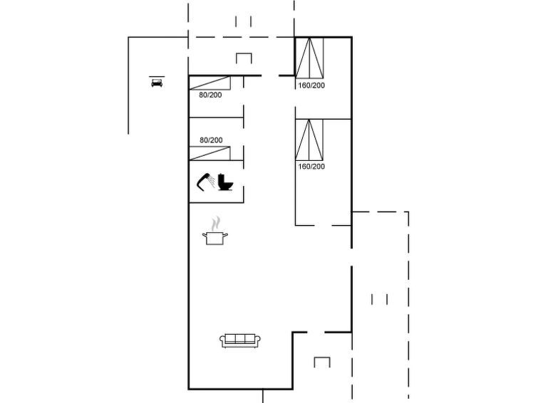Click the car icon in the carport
click(x=157, y=83)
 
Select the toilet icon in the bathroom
click(x=225, y=182)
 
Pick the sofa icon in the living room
click(x=240, y=340)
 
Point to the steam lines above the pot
click(x=215, y=224)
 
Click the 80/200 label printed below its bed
click(x=210, y=95)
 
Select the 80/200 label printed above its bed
click(x=211, y=140)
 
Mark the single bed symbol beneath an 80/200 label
click(x=209, y=153)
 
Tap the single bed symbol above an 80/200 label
click(x=209, y=83)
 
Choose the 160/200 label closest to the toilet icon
click(x=311, y=167)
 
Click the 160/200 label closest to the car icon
click(x=311, y=85)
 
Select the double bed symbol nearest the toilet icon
click(x=309, y=140)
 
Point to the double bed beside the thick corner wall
click(x=309, y=58)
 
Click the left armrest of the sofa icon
click(x=222, y=340)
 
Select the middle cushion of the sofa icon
click(x=240, y=339)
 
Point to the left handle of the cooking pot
click(x=205, y=235)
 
